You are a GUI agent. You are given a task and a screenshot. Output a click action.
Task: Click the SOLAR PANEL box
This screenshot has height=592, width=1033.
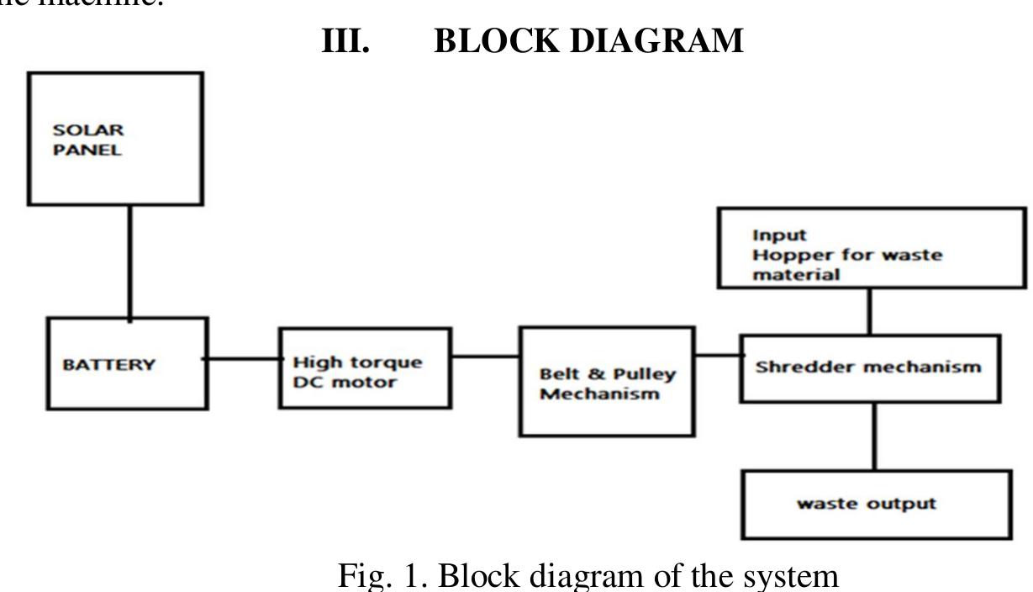(x=115, y=139)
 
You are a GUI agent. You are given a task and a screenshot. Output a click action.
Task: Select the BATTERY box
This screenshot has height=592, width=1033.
(x=127, y=364)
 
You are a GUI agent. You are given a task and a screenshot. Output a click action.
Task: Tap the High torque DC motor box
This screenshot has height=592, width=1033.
(x=365, y=368)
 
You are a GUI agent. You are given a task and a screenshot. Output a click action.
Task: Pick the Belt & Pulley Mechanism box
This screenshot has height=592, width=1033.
(x=607, y=382)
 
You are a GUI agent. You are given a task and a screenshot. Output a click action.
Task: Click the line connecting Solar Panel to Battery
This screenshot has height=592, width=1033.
(x=129, y=261)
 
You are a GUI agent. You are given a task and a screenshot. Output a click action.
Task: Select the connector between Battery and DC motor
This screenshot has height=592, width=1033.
(x=243, y=359)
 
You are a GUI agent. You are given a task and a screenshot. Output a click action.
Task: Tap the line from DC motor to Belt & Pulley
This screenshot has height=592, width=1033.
(x=485, y=356)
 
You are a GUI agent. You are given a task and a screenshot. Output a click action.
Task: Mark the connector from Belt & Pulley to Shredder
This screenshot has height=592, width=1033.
(x=717, y=355)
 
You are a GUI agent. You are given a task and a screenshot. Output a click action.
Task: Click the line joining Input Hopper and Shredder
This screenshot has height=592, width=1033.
(x=869, y=311)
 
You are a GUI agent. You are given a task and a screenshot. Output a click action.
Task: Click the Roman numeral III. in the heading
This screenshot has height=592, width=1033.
(x=345, y=40)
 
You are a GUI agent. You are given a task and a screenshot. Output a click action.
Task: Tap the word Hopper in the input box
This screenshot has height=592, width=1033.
(x=789, y=256)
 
